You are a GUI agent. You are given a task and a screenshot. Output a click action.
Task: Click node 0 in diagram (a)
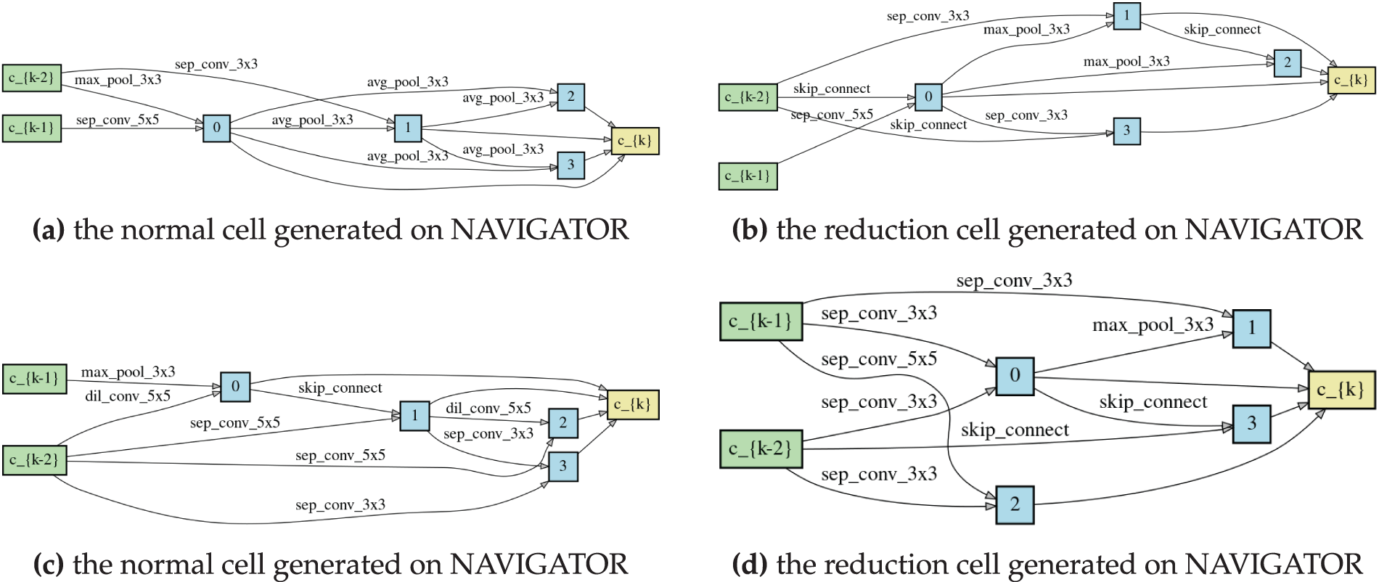pyautogui.click(x=216, y=128)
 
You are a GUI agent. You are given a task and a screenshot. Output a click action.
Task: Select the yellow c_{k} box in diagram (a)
pyautogui.click(x=635, y=141)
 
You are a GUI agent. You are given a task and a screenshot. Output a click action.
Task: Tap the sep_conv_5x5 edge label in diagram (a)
pyautogui.click(x=117, y=120)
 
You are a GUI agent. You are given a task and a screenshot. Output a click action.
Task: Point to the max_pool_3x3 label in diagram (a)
pyautogui.click(x=118, y=80)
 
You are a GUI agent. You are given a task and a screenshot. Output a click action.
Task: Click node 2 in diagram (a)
pyautogui.click(x=570, y=97)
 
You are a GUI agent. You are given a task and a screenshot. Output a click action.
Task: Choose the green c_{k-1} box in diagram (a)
pyautogui.click(x=32, y=128)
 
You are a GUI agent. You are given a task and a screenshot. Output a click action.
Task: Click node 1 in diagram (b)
pyautogui.click(x=1126, y=16)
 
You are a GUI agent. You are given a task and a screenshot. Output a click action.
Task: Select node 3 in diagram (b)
pyautogui.click(x=1126, y=131)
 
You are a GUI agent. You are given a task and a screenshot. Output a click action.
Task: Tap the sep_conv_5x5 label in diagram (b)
pyautogui.click(x=832, y=115)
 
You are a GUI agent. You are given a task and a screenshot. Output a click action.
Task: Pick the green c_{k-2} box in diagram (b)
pyautogui.click(x=748, y=97)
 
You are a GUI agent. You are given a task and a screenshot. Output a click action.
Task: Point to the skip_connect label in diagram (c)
pyautogui.click(x=340, y=388)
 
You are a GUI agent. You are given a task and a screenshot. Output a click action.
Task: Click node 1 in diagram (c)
pyautogui.click(x=414, y=416)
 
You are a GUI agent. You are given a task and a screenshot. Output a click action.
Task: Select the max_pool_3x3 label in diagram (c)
pyautogui.click(x=128, y=372)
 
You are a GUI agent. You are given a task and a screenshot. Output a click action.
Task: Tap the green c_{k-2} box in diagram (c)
pyautogui.click(x=34, y=460)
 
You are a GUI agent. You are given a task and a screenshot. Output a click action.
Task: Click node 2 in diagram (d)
pyautogui.click(x=1015, y=504)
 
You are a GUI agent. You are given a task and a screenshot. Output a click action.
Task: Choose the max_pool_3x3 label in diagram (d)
pyautogui.click(x=1153, y=325)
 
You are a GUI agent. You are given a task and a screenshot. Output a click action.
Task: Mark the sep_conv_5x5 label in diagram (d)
pyautogui.click(x=879, y=359)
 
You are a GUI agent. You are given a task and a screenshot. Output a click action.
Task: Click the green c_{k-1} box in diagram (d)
pyautogui.click(x=761, y=321)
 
